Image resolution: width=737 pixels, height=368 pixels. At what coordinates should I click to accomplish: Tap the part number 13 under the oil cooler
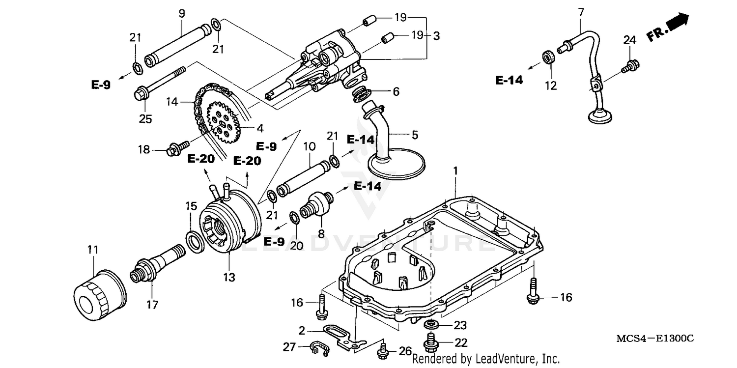(x=229, y=278)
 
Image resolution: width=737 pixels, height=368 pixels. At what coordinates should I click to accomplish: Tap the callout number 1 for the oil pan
(x=455, y=171)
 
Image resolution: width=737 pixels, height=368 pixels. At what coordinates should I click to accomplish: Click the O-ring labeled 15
(x=196, y=242)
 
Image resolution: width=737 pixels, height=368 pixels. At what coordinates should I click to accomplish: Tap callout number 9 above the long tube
(x=182, y=14)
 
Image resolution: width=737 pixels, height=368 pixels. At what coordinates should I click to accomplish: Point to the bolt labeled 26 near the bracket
(x=382, y=350)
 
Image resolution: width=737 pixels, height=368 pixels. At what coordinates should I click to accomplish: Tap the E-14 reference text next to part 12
(x=509, y=80)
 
